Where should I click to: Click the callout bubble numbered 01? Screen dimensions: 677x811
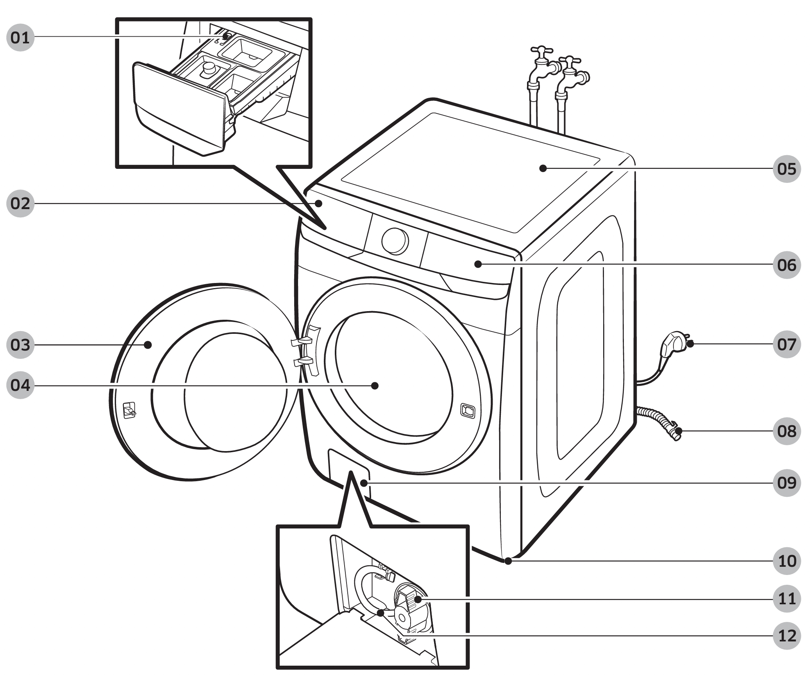pyautogui.click(x=20, y=38)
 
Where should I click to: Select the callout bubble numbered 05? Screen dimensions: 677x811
pyautogui.click(x=787, y=169)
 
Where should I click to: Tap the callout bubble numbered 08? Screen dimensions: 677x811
pyautogui.click(x=787, y=431)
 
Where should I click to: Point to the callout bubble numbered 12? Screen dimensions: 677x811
pyautogui.click(x=787, y=636)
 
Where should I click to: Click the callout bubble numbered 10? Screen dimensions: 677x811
pyautogui.click(x=787, y=561)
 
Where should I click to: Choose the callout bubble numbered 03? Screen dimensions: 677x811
pyautogui.click(x=20, y=345)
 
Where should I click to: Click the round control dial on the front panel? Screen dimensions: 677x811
pyautogui.click(x=395, y=241)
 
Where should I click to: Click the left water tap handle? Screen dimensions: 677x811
pyautogui.click(x=541, y=51)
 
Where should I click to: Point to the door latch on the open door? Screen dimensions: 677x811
pyautogui.click(x=129, y=410)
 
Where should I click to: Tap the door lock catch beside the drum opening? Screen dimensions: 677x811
pyautogui.click(x=468, y=410)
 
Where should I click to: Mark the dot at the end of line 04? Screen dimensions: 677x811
pyautogui.click(x=375, y=385)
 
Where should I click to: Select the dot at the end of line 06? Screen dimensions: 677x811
pyautogui.click(x=478, y=264)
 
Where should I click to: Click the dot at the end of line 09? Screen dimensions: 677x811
pyautogui.click(x=364, y=483)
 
